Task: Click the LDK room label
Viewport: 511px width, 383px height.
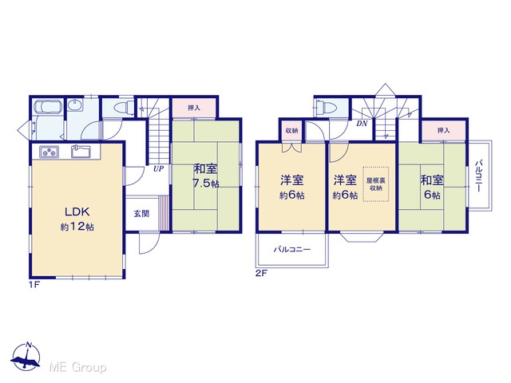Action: click(x=77, y=212)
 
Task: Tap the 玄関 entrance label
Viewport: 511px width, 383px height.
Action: click(x=141, y=214)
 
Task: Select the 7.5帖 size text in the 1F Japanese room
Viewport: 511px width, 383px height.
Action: click(x=205, y=184)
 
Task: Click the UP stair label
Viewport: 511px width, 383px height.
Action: click(x=159, y=168)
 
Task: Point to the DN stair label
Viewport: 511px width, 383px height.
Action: click(x=362, y=124)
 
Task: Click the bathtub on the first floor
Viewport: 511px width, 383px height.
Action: click(x=48, y=107)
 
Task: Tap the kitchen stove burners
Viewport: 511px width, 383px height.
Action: click(x=50, y=152)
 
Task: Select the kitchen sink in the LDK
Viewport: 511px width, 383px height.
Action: click(x=81, y=152)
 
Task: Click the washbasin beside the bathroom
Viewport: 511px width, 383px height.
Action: click(x=76, y=105)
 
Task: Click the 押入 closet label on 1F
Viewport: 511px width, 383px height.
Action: click(x=194, y=109)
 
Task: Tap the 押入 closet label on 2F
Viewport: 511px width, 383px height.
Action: click(x=444, y=131)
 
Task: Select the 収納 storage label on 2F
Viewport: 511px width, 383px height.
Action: click(x=291, y=131)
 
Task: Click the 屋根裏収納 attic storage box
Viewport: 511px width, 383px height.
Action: click(x=376, y=184)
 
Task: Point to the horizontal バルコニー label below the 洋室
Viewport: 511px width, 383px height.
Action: click(x=292, y=250)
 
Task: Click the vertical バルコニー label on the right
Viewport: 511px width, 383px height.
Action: click(x=479, y=176)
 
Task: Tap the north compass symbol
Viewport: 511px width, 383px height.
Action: click(x=26, y=357)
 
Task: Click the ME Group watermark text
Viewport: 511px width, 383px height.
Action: click(x=77, y=367)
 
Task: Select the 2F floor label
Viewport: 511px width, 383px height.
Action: click(x=261, y=274)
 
